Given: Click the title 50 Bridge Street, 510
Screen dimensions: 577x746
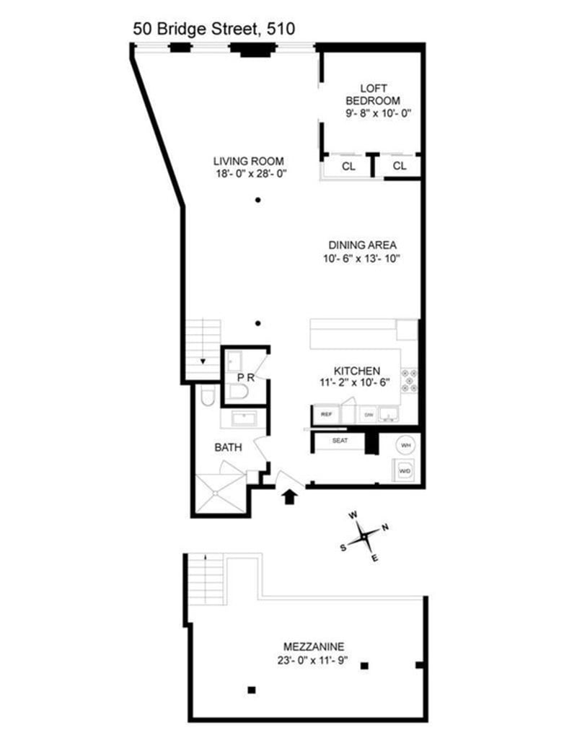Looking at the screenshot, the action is (x=213, y=29).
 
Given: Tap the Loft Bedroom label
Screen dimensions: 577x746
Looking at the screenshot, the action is (x=373, y=95).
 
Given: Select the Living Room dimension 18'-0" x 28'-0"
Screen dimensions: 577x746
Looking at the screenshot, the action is (x=251, y=174).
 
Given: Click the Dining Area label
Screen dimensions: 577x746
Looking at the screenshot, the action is (x=363, y=245).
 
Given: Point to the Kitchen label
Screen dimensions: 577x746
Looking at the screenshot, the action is (x=357, y=371).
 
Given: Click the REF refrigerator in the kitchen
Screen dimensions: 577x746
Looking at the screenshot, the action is (x=326, y=415).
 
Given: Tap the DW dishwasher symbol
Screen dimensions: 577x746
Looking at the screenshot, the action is (x=369, y=415).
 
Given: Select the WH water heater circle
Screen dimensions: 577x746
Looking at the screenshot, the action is (x=405, y=445).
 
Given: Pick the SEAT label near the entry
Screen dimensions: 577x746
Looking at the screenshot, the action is (x=340, y=441).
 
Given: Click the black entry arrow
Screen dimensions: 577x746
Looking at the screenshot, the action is (x=290, y=497).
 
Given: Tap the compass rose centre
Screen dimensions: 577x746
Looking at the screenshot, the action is (x=364, y=536).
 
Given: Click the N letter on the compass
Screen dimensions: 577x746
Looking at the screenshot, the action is (x=385, y=527).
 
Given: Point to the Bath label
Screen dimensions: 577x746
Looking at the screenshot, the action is (x=229, y=447).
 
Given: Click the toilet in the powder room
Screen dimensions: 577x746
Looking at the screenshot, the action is (x=238, y=392).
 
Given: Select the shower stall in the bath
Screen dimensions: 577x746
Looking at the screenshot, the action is (x=221, y=493).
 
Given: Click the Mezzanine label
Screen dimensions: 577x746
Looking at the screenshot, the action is (x=314, y=646).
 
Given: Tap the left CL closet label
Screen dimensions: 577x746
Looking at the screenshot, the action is (x=348, y=166).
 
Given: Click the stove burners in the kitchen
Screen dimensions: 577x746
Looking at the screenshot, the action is (x=409, y=381).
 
